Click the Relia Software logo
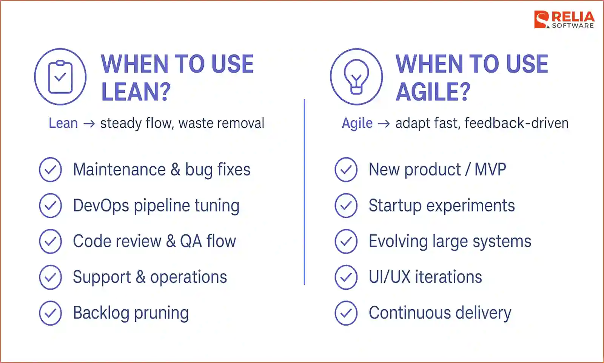[564, 20]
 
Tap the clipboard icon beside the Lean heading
[60, 77]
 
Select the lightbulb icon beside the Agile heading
[356, 77]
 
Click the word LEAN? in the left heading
[136, 92]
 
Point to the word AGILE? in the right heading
[433, 92]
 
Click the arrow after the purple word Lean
[89, 124]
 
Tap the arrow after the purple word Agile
[384, 124]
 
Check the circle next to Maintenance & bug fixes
[50, 170]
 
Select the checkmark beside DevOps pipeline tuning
[50, 205]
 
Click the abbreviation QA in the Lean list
[191, 241]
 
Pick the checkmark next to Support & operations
[50, 277]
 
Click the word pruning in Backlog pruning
[161, 313]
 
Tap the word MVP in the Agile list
[490, 170]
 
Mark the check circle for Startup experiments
[346, 205]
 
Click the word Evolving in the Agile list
[398, 241]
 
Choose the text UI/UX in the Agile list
[389, 277]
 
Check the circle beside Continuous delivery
[346, 313]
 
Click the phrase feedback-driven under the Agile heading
[516, 123]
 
